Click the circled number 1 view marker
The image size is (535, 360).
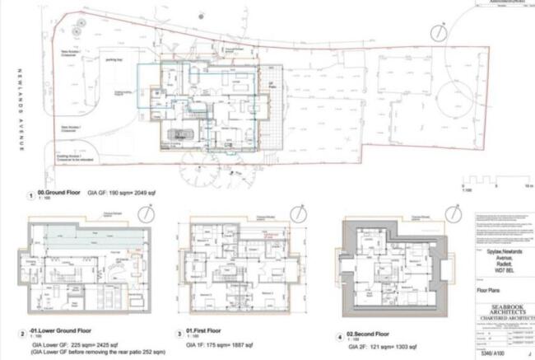(x=31, y=197)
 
